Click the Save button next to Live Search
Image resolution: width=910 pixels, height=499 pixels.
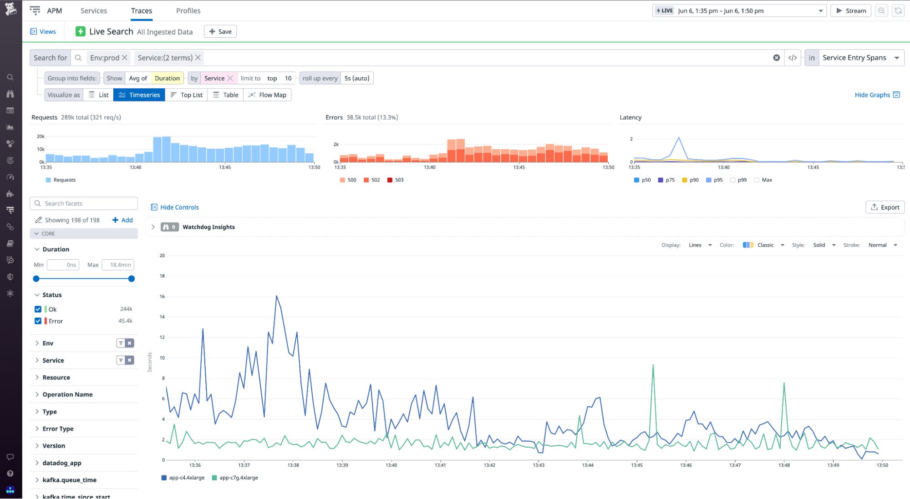220,31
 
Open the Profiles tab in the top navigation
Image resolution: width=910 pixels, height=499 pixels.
188,10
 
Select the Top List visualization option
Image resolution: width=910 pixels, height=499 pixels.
187,95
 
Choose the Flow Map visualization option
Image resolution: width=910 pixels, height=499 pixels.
268,95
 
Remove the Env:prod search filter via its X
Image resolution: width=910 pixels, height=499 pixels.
125,58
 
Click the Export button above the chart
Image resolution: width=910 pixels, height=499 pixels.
885,207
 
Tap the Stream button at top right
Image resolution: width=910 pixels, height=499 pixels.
850,10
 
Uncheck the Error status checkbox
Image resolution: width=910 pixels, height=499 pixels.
38,321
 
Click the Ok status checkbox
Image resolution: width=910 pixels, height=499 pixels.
38,309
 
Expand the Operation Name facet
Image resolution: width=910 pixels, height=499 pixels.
67,394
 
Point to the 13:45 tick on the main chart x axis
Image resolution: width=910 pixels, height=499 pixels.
636,465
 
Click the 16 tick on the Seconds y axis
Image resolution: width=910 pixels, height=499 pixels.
162,296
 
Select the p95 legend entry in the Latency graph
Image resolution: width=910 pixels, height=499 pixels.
714,180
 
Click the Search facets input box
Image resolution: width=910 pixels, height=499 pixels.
84,203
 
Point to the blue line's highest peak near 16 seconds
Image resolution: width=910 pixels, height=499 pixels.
276,296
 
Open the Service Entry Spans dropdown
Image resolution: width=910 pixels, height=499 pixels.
860,58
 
